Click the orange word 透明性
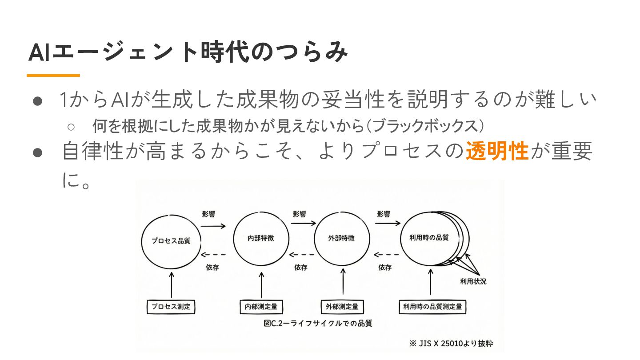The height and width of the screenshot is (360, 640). [497, 151]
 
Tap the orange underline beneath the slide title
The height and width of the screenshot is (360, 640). [53, 76]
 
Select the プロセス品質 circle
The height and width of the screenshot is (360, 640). [171, 240]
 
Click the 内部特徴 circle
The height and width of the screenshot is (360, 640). [261, 238]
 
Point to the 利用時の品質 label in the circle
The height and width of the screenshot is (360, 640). [429, 237]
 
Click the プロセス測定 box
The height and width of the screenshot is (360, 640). [171, 307]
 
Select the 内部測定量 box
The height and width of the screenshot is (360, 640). [261, 307]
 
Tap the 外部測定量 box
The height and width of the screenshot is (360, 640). [342, 307]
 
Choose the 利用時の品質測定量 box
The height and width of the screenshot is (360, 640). [432, 307]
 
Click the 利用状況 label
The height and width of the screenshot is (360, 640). [473, 281]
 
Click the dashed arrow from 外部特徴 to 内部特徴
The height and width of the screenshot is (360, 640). [302, 255]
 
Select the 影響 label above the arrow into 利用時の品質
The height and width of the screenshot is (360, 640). [384, 214]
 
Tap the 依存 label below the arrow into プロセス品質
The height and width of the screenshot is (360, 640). [212, 268]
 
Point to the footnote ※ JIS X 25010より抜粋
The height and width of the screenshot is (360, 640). [451, 344]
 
